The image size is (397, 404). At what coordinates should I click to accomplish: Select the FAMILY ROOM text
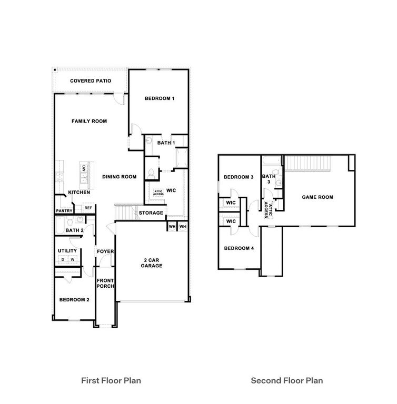[89, 121]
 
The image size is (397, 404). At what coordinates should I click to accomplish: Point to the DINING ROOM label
[119, 177]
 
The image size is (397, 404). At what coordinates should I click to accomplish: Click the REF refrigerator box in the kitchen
[88, 208]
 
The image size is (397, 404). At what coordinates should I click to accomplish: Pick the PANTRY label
[64, 211]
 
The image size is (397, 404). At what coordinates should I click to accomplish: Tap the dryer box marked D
[63, 260]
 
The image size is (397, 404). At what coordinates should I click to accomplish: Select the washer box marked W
[73, 260]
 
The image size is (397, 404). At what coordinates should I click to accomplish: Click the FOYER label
[105, 251]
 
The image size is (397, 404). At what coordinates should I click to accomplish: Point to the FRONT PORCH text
[105, 283]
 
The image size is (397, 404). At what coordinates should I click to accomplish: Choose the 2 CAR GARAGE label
[151, 263]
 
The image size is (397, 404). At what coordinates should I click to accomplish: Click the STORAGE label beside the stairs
[151, 213]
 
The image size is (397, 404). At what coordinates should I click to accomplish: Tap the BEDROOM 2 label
[74, 300]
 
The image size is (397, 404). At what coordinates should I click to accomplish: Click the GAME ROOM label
[317, 197]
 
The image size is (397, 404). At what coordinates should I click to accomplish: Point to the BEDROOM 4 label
[239, 248]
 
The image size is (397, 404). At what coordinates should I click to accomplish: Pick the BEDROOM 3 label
[239, 177]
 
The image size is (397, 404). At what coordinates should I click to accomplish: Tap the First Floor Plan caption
[110, 380]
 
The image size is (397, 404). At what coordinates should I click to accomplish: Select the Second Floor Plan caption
[286, 380]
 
